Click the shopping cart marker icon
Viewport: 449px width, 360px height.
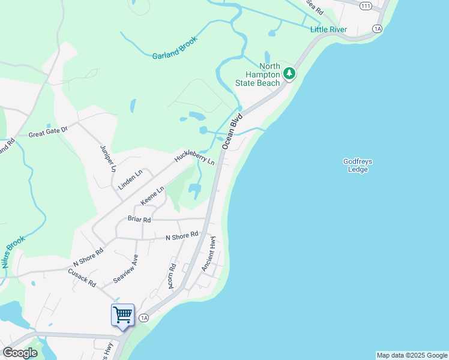coord(122,314)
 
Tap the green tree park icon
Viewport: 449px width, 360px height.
coord(290,74)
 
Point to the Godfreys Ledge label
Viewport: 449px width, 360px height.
coord(355,165)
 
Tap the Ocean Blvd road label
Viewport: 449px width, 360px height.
coord(232,131)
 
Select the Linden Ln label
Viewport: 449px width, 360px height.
coord(130,179)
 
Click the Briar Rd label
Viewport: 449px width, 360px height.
coord(139,219)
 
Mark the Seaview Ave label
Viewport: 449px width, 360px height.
coord(126,269)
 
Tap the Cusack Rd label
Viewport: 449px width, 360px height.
coord(82,277)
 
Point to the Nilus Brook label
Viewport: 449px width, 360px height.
coord(13,252)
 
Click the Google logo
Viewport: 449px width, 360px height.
coord(20,352)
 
